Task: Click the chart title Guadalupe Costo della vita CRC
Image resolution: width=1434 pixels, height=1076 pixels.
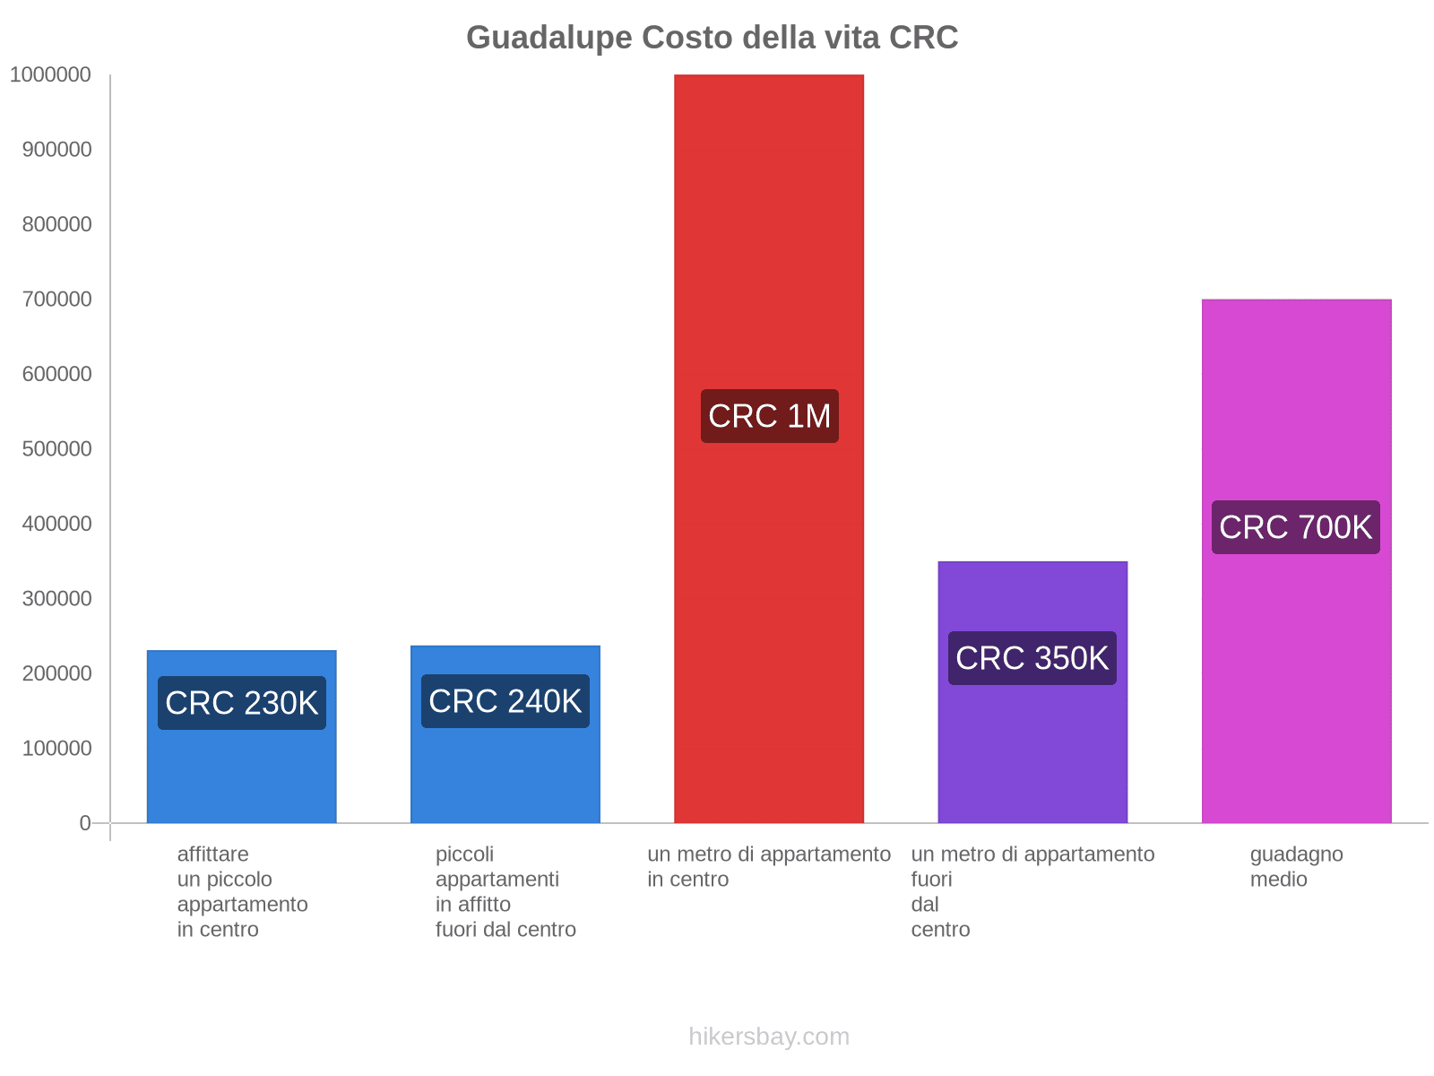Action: click(x=712, y=38)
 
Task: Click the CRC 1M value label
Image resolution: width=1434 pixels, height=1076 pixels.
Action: click(x=769, y=416)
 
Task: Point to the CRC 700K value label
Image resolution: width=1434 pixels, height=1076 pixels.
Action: click(x=1295, y=527)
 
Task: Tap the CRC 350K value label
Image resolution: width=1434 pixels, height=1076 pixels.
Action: click(x=1032, y=658)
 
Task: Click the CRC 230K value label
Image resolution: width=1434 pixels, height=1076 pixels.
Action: click(x=242, y=703)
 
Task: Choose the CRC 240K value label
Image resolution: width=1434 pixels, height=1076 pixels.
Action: click(x=505, y=701)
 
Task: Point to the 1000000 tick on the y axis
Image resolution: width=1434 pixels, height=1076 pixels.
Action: click(x=50, y=74)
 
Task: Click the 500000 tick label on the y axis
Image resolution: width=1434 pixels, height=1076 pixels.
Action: click(x=56, y=448)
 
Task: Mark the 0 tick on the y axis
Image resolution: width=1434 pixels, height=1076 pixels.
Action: click(x=85, y=822)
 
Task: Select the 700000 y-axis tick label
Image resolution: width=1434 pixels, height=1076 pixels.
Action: click(x=56, y=299)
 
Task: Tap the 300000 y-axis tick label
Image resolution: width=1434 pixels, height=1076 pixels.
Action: click(x=56, y=598)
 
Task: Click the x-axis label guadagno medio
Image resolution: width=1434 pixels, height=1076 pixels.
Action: click(x=1296, y=866)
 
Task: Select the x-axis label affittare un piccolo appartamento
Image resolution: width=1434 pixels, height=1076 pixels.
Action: click(x=242, y=891)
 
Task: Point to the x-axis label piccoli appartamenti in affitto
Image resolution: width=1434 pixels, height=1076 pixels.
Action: click(x=505, y=891)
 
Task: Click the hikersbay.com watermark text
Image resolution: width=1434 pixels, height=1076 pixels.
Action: click(x=769, y=1037)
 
